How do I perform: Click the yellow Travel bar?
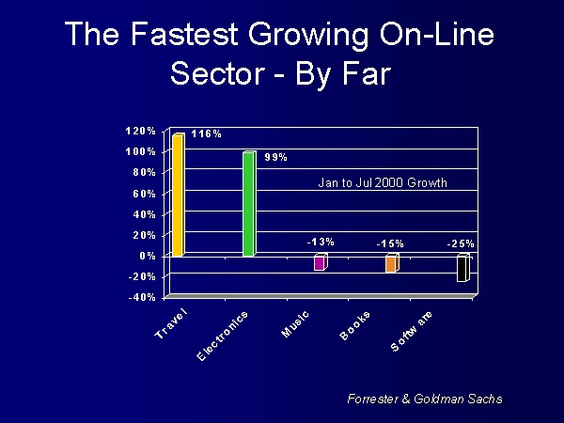pos(178,196)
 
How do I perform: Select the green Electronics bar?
pos(249,204)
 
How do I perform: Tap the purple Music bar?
pos(320,263)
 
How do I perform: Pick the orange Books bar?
pos(391,264)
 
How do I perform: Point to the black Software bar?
pos(462,269)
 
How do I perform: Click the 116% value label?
pos(206,134)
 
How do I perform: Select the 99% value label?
pos(274,157)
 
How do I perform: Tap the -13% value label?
pos(320,243)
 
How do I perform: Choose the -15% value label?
pos(390,244)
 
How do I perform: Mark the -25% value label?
pos(461,244)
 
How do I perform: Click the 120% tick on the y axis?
pos(142,131)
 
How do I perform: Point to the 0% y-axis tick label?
pos(149,256)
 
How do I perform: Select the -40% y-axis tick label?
pos(142,297)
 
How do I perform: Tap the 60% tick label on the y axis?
pos(146,194)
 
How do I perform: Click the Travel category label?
pos(171,324)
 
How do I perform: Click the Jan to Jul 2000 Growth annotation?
pos(384,182)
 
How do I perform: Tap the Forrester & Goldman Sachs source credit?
pos(425,399)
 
